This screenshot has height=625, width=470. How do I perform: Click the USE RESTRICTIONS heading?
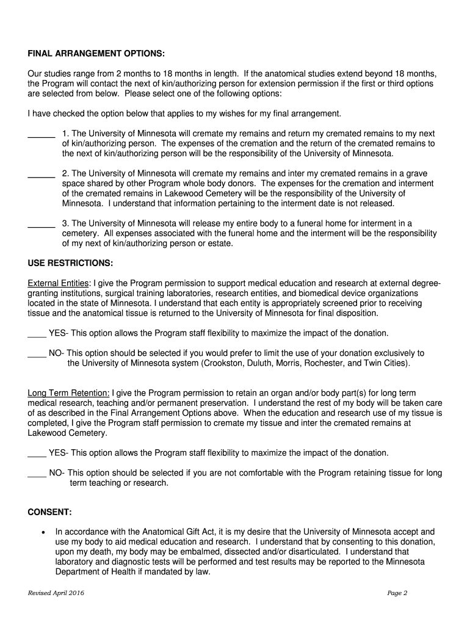click(x=70, y=263)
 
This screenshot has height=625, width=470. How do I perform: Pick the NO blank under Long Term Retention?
click(x=37, y=474)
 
